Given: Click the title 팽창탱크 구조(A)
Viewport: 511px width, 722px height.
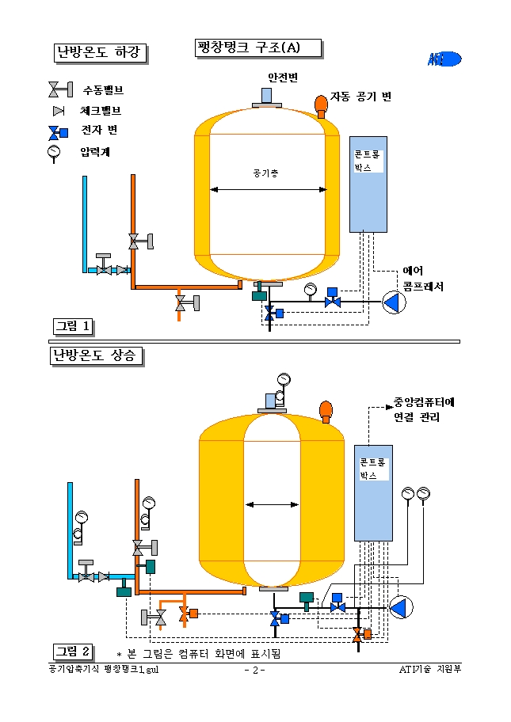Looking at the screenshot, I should click(x=258, y=47).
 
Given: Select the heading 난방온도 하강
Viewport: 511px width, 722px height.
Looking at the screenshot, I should click(x=99, y=52).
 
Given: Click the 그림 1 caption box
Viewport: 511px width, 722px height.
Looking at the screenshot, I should click(x=73, y=325).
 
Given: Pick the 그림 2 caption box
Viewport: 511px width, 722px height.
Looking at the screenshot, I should click(x=73, y=651).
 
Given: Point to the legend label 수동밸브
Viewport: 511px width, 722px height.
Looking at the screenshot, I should click(x=103, y=90).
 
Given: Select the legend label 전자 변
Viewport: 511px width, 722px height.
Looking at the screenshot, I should click(x=100, y=131).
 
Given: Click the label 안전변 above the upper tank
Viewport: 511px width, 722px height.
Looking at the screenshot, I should click(x=282, y=77).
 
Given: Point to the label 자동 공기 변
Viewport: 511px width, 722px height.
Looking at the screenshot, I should click(x=360, y=97).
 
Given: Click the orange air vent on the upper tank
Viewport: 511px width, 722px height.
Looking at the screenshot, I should click(x=321, y=103).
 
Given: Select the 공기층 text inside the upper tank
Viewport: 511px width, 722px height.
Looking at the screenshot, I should click(x=265, y=172).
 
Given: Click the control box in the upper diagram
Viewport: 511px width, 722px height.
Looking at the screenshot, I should click(x=368, y=184).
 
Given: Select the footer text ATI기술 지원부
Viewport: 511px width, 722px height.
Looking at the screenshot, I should click(x=430, y=670).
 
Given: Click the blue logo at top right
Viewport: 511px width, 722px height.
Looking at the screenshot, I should click(x=444, y=58).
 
